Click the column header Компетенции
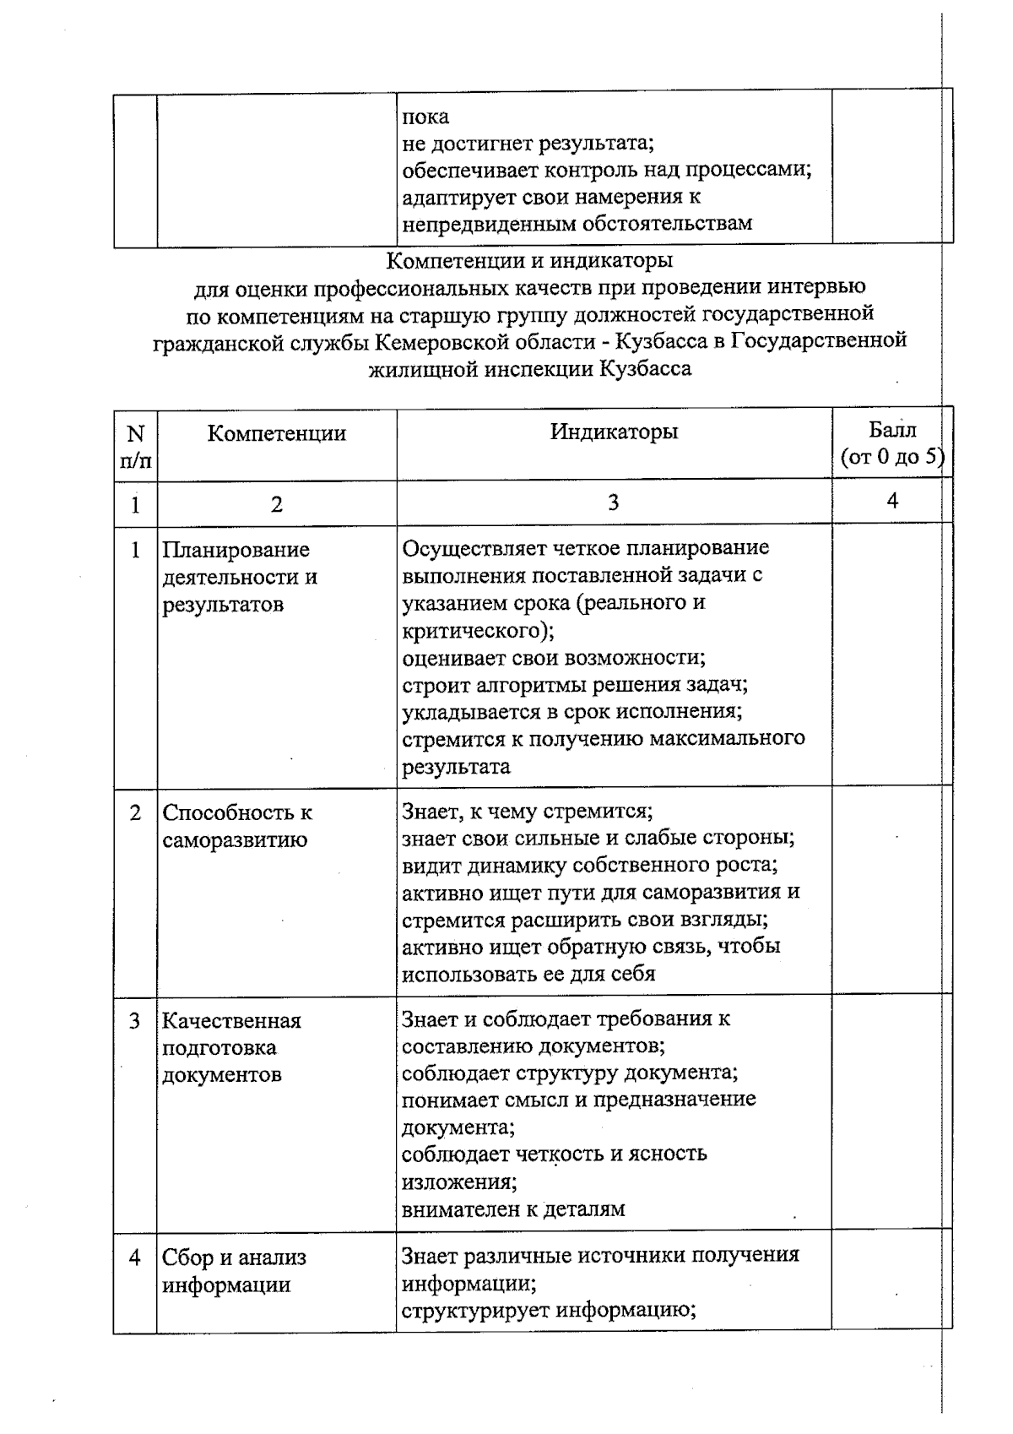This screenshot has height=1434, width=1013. point(277,434)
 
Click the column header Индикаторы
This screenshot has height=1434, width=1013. point(614,432)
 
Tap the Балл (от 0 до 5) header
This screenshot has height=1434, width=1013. point(891,444)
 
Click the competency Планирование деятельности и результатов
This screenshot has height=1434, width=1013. point(239,578)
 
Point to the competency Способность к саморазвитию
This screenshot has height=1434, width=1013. point(236,826)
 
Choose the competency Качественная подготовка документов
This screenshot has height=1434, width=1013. point(231,1047)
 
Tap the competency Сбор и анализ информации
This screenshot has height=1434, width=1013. point(234,1271)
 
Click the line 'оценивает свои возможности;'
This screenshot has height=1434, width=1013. point(554,657)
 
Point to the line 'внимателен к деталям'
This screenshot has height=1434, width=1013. point(513,1209)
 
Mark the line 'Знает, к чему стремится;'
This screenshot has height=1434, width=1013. point(528,812)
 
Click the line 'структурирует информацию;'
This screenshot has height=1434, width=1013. point(548,1311)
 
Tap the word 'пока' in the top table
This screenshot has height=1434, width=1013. point(425,117)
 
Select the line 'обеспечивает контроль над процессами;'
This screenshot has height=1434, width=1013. point(606,170)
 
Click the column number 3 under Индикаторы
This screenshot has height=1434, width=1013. point(614,503)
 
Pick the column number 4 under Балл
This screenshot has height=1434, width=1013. point(892,502)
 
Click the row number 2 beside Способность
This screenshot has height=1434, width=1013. point(135,813)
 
